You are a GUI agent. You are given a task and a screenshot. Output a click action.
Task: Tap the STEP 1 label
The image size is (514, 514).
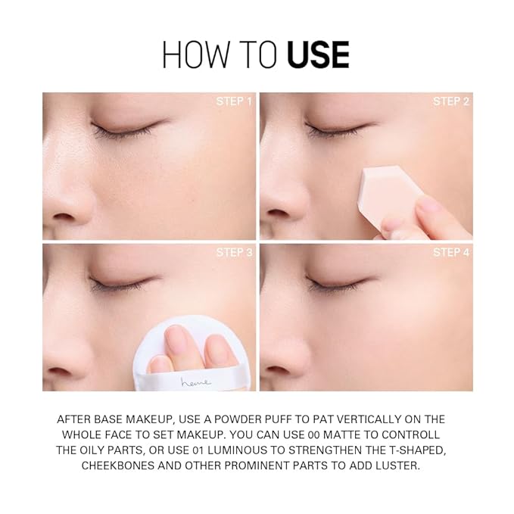(x=234, y=101)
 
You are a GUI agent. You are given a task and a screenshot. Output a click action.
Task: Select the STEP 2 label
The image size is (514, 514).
(x=451, y=101)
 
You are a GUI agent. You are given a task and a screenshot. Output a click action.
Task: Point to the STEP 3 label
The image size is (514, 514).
(x=234, y=252)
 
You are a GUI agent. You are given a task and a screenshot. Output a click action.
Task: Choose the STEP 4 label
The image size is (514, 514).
(x=451, y=252)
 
